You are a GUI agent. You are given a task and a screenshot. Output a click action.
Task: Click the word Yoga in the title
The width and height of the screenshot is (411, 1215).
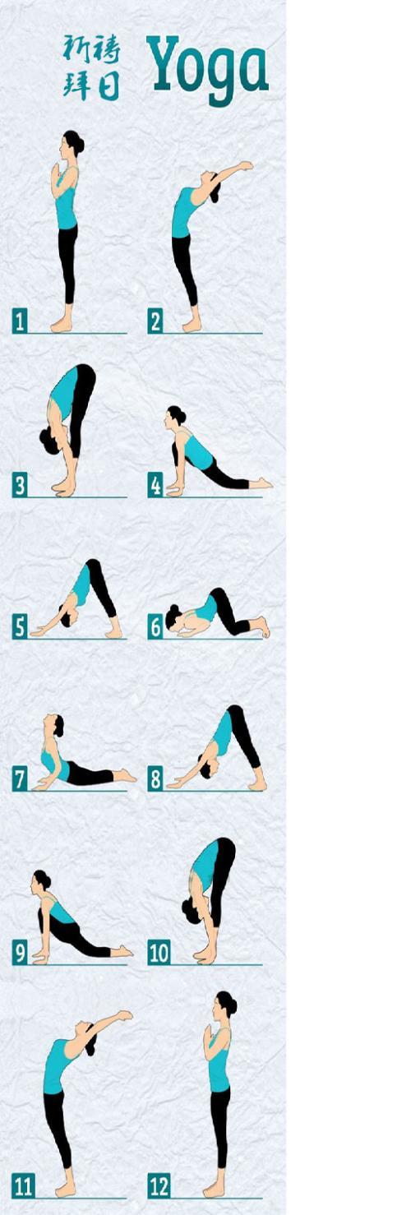click(x=208, y=69)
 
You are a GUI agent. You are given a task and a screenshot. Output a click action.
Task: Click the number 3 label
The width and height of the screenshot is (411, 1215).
click(x=20, y=485)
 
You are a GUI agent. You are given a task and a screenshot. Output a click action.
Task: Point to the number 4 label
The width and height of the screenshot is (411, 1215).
click(x=155, y=485)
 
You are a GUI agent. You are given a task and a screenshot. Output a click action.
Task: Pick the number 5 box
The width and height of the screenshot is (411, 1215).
click(x=20, y=627)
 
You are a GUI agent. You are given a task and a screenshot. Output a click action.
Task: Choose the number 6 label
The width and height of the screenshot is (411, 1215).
click(x=155, y=627)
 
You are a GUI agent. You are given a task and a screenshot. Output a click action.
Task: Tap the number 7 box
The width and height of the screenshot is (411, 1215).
click(x=20, y=779)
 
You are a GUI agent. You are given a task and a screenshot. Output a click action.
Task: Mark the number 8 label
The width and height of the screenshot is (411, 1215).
click(x=155, y=779)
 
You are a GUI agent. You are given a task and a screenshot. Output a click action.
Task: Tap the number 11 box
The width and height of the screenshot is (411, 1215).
click(x=23, y=1186)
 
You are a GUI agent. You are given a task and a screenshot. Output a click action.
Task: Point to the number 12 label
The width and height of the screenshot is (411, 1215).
click(x=159, y=1186)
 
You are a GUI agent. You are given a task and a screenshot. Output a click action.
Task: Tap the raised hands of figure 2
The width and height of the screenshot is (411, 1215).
click(x=246, y=165)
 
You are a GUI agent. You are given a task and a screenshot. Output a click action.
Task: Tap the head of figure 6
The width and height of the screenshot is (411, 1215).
click(x=173, y=617)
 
